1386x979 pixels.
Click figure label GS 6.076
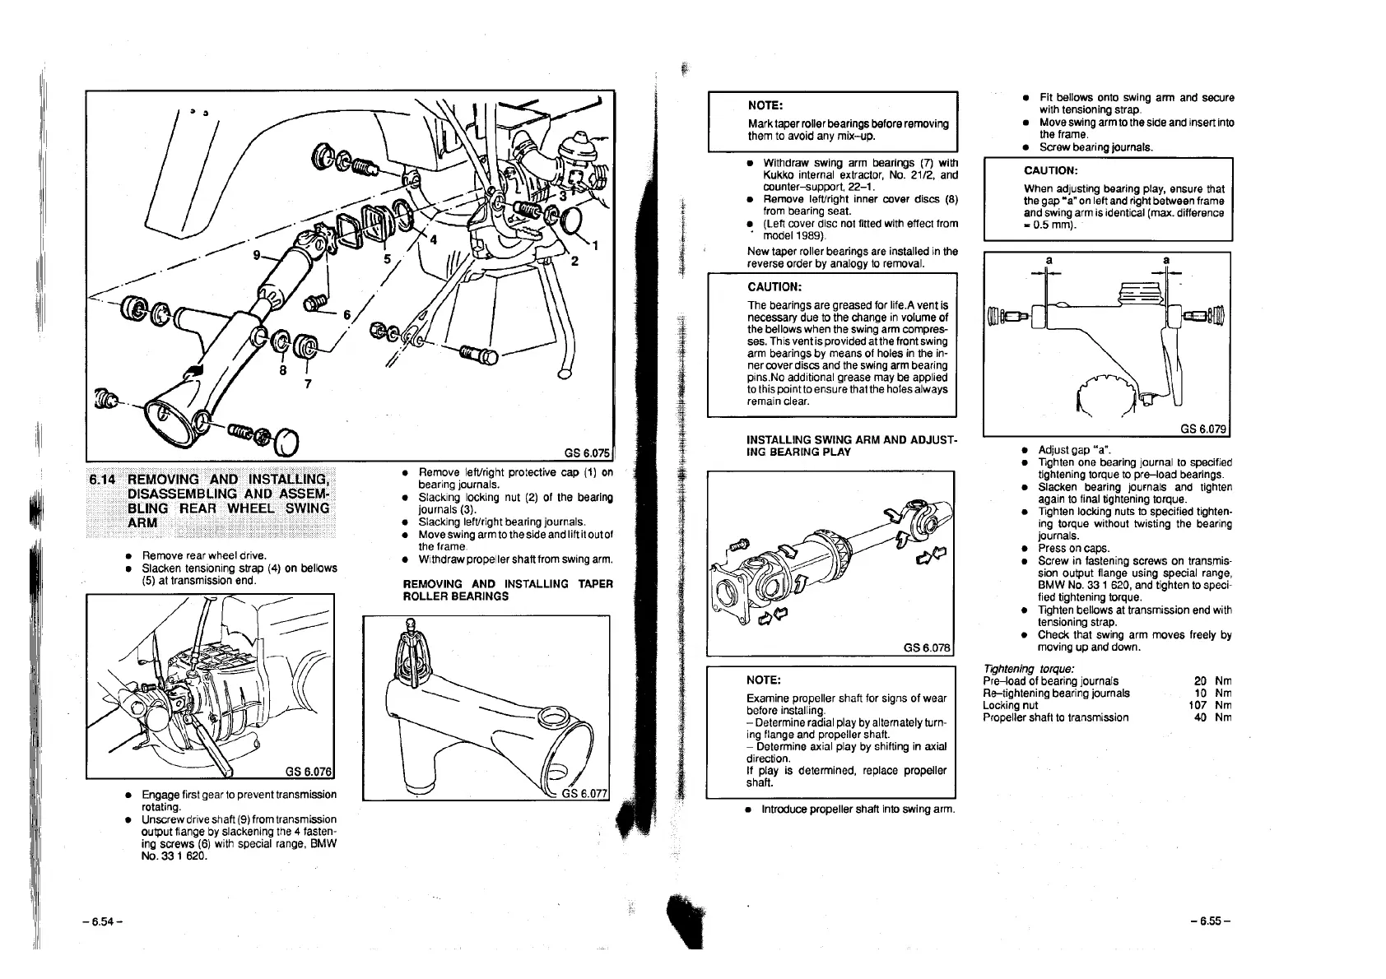pyautogui.click(x=307, y=771)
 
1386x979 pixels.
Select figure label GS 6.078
pyautogui.click(x=927, y=647)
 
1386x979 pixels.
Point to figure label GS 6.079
pyautogui.click(x=1203, y=429)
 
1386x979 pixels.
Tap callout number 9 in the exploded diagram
pyautogui.click(x=258, y=255)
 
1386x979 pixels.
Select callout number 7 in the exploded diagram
pyautogui.click(x=308, y=382)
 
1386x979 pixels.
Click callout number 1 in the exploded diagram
pyautogui.click(x=596, y=244)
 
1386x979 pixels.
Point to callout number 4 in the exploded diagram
pyautogui.click(x=434, y=240)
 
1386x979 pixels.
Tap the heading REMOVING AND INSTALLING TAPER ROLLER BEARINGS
pyautogui.click(x=507, y=590)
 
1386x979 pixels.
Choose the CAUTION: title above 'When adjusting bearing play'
pyautogui.click(x=1050, y=170)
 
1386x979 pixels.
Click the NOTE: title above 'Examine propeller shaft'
pyautogui.click(x=763, y=680)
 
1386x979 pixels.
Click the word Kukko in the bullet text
pyautogui.click(x=779, y=175)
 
